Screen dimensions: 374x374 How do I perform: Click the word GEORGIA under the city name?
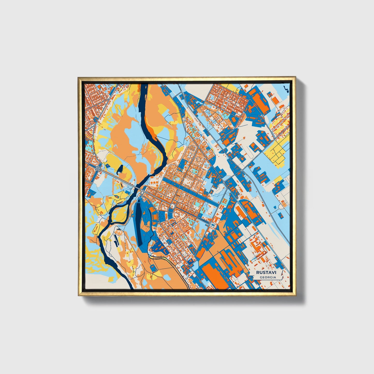tap(268, 277)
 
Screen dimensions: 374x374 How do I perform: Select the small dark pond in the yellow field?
tap(120, 169)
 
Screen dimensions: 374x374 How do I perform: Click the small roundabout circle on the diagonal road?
tap(224, 182)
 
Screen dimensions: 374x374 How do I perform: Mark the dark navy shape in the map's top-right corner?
tap(285, 89)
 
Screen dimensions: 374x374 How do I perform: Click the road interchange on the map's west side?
tap(99, 168)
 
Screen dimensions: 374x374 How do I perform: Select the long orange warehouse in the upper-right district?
tap(259, 101)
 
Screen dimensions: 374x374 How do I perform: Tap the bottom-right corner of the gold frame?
tap(295, 295)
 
